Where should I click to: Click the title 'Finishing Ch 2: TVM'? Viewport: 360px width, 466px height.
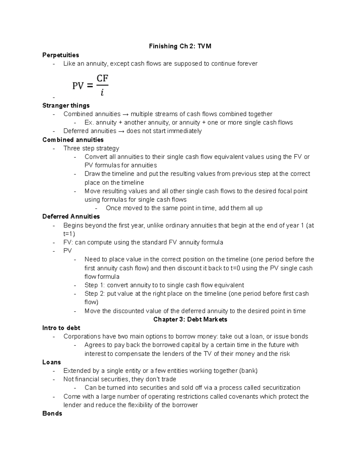pyautogui.click(x=180, y=46)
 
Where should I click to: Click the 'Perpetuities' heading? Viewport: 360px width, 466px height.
pyautogui.click(x=61, y=55)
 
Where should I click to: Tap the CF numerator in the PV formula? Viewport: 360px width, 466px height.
pyautogui.click(x=102, y=79)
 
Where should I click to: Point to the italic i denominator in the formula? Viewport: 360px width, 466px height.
pyautogui.click(x=102, y=93)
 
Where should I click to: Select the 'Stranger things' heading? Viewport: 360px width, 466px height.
pyautogui.click(x=66, y=105)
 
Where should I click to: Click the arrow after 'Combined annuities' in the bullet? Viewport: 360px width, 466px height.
pyautogui.click(x=125, y=114)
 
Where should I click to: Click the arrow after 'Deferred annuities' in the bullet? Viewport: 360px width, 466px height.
pyautogui.click(x=121, y=131)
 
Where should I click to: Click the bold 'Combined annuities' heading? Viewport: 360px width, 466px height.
pyautogui.click(x=73, y=140)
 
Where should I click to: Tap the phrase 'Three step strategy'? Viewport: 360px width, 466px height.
pyautogui.click(x=91, y=148)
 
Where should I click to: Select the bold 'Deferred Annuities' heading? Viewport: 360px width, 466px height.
pyautogui.click(x=71, y=216)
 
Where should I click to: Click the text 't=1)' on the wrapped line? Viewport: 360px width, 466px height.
pyautogui.click(x=69, y=234)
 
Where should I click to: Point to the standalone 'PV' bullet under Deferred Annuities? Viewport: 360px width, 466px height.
pyautogui.click(x=67, y=251)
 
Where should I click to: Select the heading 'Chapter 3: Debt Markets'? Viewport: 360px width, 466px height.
pyautogui.click(x=190, y=319)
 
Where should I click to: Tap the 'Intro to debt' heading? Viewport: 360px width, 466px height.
pyautogui.click(x=61, y=328)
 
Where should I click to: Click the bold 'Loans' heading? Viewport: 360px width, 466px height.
pyautogui.click(x=52, y=362)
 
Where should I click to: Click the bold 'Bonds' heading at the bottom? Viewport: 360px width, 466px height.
pyautogui.click(x=52, y=413)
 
